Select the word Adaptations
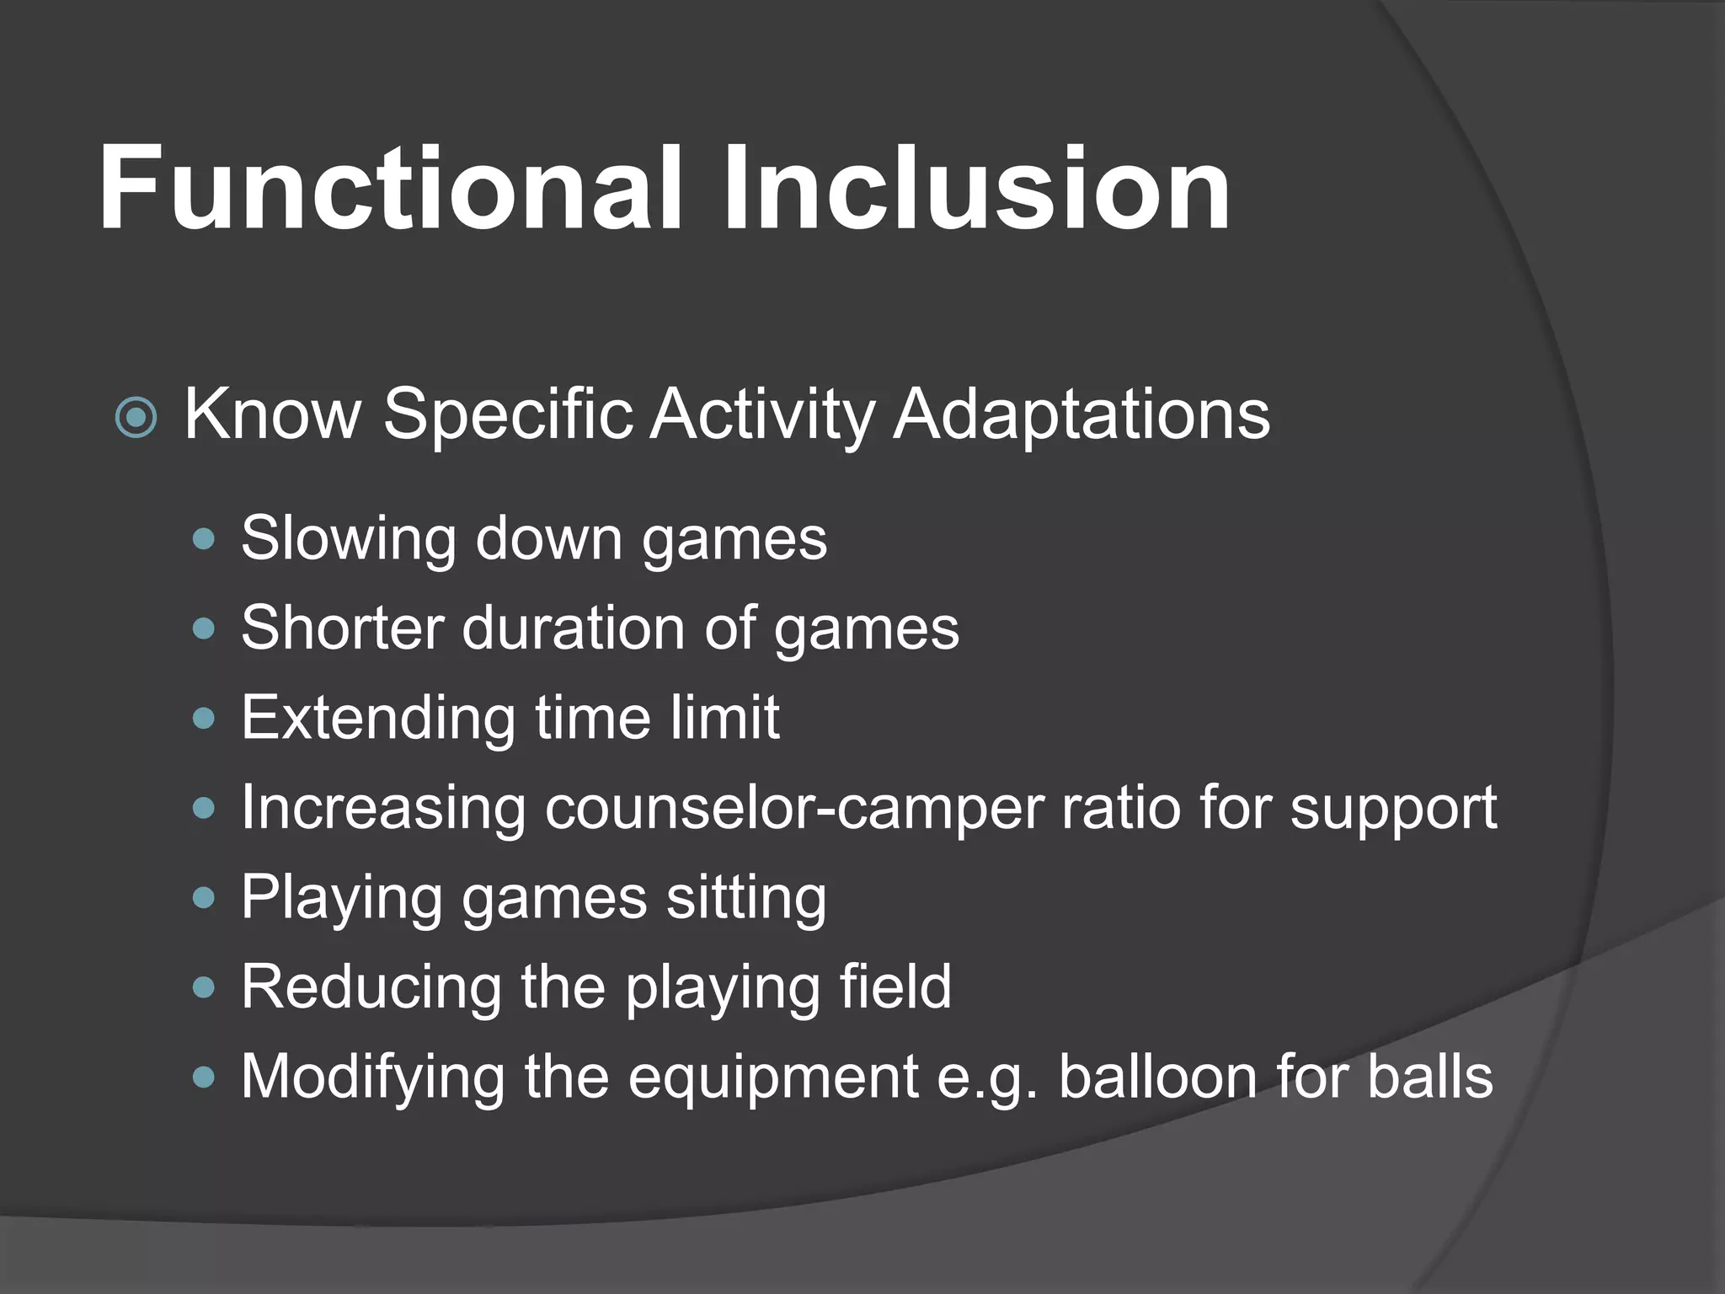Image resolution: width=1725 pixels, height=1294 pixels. pyautogui.click(x=1081, y=414)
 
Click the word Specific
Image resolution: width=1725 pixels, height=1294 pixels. pyautogui.click(x=508, y=414)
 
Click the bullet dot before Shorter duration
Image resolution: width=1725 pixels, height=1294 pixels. pyautogui.click(x=204, y=628)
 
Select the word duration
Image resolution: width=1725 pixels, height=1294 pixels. pyautogui.click(x=573, y=628)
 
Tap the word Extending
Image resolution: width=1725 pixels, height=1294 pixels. pyautogui.click(x=377, y=719)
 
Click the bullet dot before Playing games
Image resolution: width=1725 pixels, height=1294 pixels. pyautogui.click(x=204, y=898)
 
